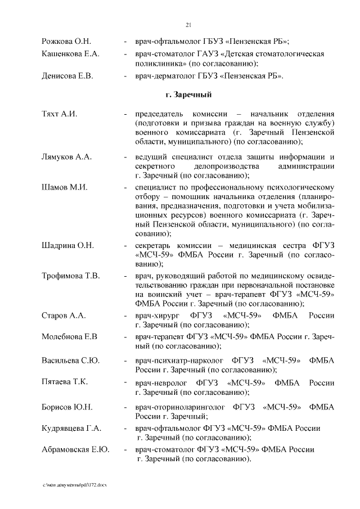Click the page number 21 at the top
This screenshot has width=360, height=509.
188,24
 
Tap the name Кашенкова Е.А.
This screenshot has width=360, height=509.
70,54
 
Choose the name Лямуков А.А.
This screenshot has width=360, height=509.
66,156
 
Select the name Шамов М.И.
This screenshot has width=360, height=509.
64,187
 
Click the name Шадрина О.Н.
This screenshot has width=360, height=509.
67,245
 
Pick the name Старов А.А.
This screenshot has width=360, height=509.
64,316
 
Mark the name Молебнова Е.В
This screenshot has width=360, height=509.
70,337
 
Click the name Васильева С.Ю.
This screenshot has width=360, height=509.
70,360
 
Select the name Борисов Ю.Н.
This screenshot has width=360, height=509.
67,407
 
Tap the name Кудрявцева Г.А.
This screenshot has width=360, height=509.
71,429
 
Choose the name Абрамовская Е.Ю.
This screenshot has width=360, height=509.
75,449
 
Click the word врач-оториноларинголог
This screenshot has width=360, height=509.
180,407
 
